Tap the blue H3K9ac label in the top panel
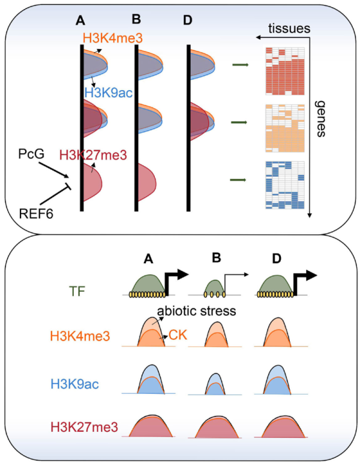click(109, 94)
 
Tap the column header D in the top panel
click(188, 21)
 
